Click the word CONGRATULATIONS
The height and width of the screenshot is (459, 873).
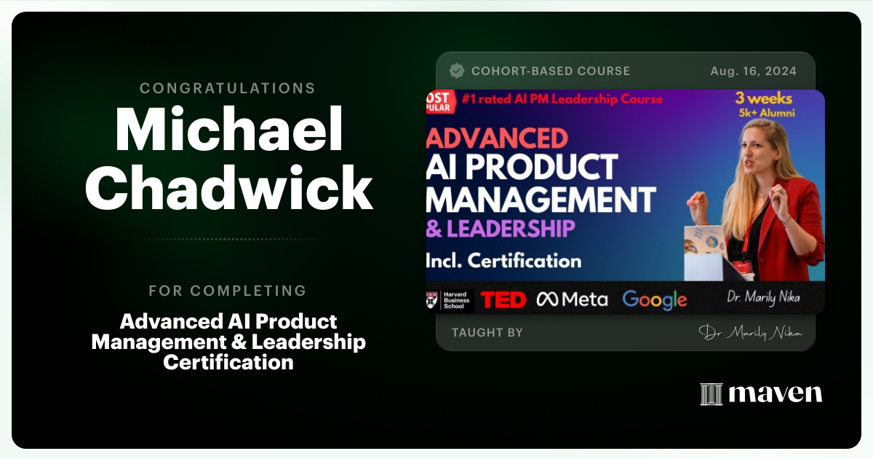click(228, 88)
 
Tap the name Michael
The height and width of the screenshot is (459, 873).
click(228, 130)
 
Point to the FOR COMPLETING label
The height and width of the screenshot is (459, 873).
click(228, 291)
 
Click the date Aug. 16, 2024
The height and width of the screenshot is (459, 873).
click(753, 71)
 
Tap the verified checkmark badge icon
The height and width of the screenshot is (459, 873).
click(457, 71)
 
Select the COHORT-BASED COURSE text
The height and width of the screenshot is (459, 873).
click(551, 71)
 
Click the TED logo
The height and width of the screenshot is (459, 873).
click(503, 299)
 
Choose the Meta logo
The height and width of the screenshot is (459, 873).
click(572, 299)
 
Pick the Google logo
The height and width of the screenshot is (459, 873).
click(655, 299)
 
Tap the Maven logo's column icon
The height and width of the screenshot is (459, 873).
click(711, 394)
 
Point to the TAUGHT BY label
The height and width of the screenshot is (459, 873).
click(487, 332)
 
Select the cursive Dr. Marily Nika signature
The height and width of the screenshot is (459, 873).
click(750, 332)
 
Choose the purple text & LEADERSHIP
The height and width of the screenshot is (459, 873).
click(501, 228)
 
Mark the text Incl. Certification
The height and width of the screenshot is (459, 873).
click(504, 260)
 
